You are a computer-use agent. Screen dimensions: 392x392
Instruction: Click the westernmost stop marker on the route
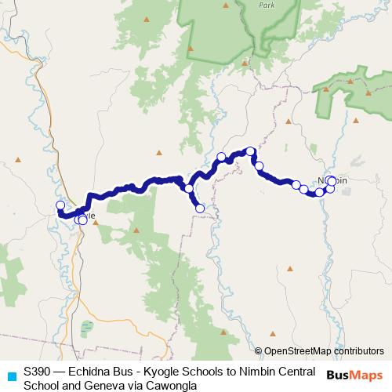coord(60,206)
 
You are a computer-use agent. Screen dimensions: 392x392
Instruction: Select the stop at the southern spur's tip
coord(200,208)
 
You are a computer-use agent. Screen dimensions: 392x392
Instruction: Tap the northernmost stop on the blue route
coord(250,151)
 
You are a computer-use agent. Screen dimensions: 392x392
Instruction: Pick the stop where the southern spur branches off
coord(189,189)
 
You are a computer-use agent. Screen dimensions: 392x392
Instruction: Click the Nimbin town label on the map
coord(332,181)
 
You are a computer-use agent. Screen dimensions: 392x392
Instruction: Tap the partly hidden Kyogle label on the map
coord(88,215)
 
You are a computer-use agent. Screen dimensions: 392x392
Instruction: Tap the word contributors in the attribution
coord(355,351)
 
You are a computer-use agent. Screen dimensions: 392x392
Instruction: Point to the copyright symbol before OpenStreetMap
coord(259,351)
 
